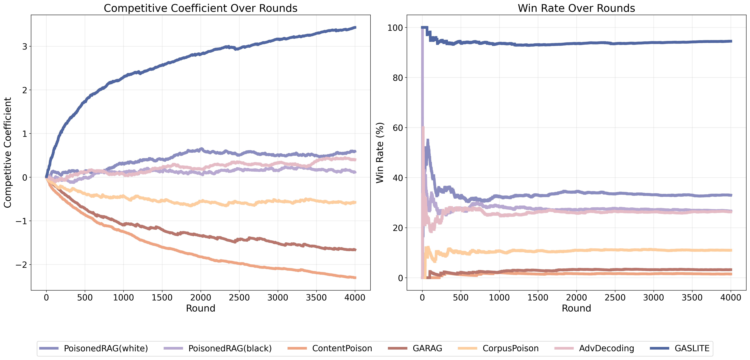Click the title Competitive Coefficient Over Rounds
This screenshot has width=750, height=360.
point(201,8)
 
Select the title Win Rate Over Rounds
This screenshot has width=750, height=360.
point(576,8)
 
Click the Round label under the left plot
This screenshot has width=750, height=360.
point(201,308)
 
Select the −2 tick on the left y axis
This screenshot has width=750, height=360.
point(21,265)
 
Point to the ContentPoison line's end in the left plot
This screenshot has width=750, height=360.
point(355,278)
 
